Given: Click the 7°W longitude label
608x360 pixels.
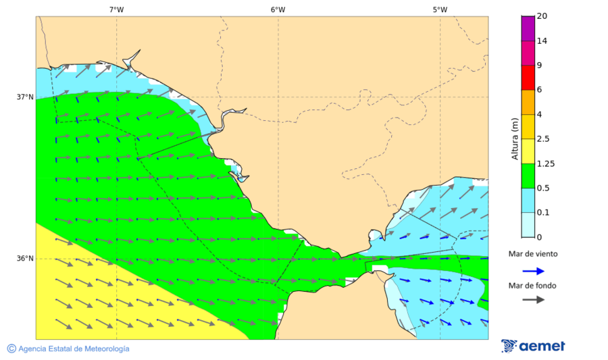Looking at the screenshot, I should [x=116, y=9].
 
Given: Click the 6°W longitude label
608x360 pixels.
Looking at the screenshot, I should [x=278, y=9].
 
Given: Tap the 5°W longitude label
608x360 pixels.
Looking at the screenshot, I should [x=440, y=9].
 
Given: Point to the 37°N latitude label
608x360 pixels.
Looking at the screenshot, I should [x=25, y=97].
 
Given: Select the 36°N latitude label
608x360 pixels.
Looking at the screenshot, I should [x=25, y=259].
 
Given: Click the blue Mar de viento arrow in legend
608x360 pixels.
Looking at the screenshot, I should [x=533, y=271].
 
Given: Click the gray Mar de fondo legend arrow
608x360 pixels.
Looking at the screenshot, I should [x=533, y=299].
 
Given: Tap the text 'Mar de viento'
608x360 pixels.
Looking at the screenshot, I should [x=533, y=254].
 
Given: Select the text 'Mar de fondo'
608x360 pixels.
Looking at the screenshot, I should [x=533, y=286].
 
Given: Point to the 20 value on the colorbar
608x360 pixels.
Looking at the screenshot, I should [x=542, y=16].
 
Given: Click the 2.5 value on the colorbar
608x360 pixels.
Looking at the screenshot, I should [x=542, y=139].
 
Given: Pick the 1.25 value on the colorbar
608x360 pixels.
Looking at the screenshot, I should [x=544, y=163].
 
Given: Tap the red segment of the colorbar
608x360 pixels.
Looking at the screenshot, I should [x=528, y=77].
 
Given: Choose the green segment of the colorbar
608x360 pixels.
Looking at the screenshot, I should [x=528, y=176].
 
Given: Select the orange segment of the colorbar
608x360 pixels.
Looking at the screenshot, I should [x=528, y=102].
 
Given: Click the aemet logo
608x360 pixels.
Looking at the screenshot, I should [x=533, y=346].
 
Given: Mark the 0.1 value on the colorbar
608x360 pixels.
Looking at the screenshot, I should [x=542, y=213].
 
